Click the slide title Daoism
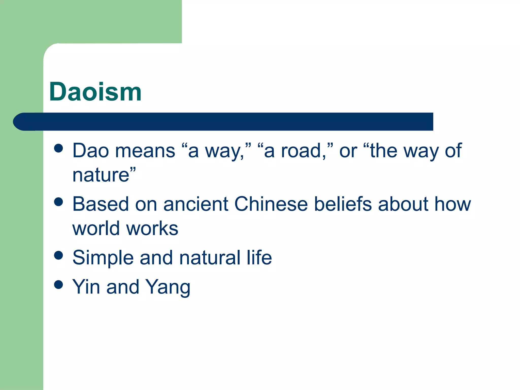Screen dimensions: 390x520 click(x=95, y=92)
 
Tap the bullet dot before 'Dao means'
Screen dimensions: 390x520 click(x=58, y=149)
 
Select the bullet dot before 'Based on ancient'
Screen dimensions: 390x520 click(x=58, y=202)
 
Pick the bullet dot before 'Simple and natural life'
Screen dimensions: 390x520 click(x=58, y=255)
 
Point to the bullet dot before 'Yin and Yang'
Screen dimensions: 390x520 click(x=58, y=285)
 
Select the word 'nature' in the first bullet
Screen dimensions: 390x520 click(x=101, y=175)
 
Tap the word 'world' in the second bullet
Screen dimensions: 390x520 click(x=96, y=229)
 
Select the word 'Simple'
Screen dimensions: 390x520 click(x=103, y=258)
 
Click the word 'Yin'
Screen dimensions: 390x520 click(x=86, y=287)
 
